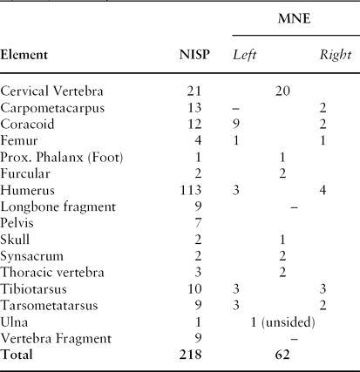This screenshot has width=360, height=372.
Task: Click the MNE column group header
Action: tap(291, 18)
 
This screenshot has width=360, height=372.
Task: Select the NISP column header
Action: tap(191, 55)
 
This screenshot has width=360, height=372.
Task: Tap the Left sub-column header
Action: tap(246, 55)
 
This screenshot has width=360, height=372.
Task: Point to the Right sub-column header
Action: tap(335, 55)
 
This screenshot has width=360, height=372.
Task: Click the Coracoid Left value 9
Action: tap(236, 122)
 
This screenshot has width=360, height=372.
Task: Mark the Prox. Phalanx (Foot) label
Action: tap(60, 153)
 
